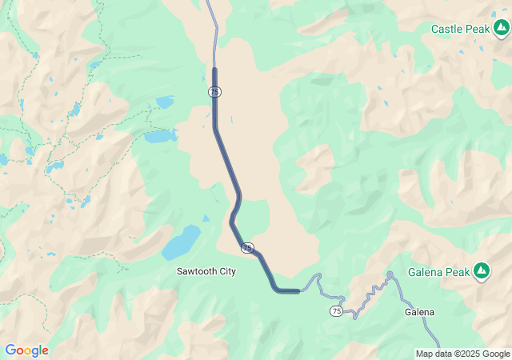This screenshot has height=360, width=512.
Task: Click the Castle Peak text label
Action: coord(459,29)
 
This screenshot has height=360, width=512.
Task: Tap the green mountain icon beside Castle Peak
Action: coord(501,29)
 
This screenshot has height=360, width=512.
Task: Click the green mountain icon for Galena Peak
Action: coord(482,272)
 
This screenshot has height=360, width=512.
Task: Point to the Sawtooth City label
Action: coord(206,272)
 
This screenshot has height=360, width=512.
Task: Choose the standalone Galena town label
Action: coord(419,312)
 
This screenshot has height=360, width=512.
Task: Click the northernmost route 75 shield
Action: coord(214,92)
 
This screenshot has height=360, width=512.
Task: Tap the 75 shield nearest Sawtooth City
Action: coord(247,248)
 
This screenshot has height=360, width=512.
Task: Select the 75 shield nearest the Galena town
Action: coord(335,310)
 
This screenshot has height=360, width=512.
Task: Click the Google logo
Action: coord(26,350)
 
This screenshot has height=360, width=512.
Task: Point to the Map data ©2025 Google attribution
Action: coord(462,354)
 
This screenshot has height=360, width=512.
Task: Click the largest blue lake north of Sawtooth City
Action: coord(182,242)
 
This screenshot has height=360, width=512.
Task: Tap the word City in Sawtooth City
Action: coord(226,272)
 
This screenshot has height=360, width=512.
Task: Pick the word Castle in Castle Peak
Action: coord(446,29)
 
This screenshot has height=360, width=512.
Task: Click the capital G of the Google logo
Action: coord(10,350)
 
